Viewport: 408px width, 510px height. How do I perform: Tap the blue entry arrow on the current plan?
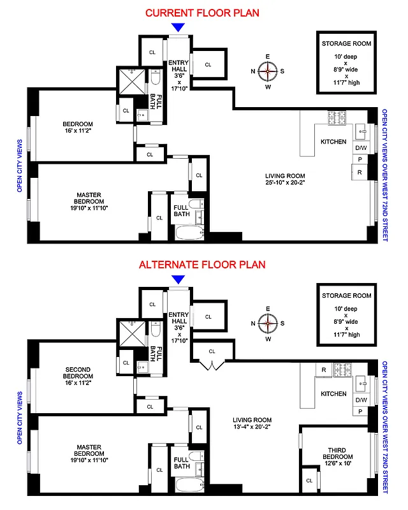[178, 27]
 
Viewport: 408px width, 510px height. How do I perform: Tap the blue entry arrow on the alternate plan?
[178, 279]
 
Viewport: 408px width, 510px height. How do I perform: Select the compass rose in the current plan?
[268, 71]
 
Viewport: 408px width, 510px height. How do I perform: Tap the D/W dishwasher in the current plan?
[361, 148]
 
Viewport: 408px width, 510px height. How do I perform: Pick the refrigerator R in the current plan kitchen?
[360, 172]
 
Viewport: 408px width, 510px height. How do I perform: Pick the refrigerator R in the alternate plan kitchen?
[324, 370]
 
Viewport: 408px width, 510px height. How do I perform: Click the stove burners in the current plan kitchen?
[337, 118]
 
